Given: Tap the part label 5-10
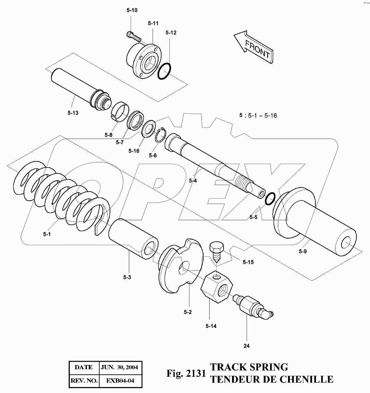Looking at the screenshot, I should [x=132, y=10].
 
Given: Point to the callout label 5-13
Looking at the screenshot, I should [x=73, y=113].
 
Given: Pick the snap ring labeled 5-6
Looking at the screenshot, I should [x=161, y=135].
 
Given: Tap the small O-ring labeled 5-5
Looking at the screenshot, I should [x=270, y=198].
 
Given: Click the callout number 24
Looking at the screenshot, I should [x=246, y=346].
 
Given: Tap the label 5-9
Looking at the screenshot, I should [x=303, y=251].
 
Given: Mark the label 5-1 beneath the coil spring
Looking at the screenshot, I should [x=47, y=234].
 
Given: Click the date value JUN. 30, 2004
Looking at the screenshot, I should [x=119, y=367].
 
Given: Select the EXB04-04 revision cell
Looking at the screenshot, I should [x=120, y=381].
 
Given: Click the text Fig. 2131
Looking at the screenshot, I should [x=186, y=373].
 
